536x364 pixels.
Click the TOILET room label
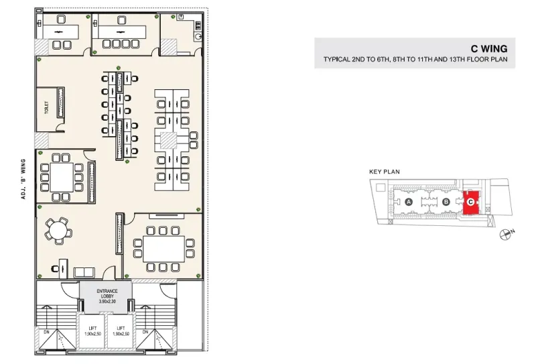tap(46, 108)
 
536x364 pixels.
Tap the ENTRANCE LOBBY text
tap(107, 294)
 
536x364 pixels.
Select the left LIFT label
tap(92, 328)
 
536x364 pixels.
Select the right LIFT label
tap(121, 328)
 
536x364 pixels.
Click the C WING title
tap(489, 49)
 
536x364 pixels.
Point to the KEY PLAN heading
tap(384, 172)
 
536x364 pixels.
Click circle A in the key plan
tap(409, 202)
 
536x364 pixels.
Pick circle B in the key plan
tap(446, 202)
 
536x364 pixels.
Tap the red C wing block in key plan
tap(471, 202)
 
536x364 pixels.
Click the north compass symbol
tap(505, 235)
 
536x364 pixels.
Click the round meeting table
tap(58, 231)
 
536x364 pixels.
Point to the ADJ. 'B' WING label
tap(23, 179)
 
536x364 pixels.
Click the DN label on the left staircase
tap(46, 332)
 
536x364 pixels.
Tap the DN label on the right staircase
tap(145, 332)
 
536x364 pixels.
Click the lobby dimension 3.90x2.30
tap(107, 302)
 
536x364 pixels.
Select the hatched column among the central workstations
tap(169, 141)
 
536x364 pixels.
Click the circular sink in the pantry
tap(198, 37)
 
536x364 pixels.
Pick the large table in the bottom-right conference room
tap(163, 249)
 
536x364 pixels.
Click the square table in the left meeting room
tap(62, 178)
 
